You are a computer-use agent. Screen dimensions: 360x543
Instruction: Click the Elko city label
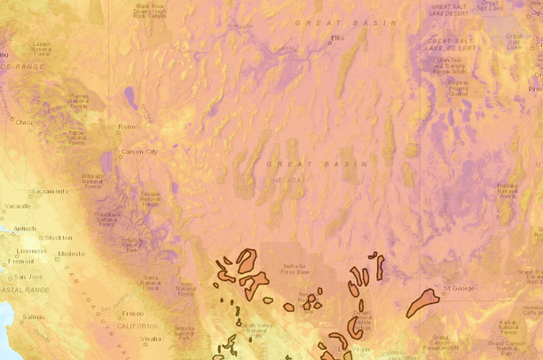coord(337,37)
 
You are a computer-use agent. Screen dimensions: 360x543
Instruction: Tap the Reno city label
coord(127,127)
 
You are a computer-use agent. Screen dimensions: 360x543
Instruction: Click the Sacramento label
coord(50,191)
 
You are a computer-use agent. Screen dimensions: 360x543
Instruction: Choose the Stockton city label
coord(58,238)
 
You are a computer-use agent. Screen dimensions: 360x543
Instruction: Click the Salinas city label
coord(34,317)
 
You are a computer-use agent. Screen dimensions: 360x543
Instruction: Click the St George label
coord(460,288)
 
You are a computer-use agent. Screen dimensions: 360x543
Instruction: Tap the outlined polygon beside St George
coord(422,302)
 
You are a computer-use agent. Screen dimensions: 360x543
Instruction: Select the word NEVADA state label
coord(287,179)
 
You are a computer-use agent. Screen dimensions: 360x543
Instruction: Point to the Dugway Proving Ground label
coord(459,86)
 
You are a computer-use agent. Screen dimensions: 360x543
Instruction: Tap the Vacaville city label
coord(17,206)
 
